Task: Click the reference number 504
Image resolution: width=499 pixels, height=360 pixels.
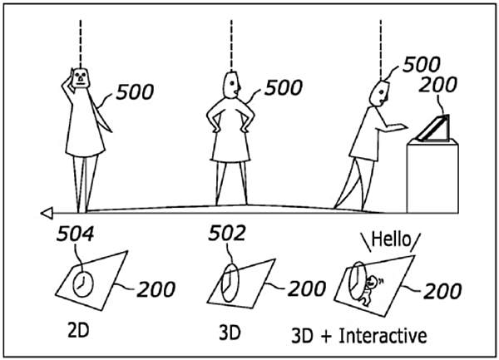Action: coord(76,234)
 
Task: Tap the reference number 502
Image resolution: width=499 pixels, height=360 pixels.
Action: coord(227,233)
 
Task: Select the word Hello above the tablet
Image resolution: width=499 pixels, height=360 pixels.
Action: coord(391,239)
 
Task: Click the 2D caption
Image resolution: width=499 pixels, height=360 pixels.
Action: coord(78,331)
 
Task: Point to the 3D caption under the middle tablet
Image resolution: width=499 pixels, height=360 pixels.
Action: coord(230,333)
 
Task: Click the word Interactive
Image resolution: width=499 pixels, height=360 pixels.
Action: coord(383,336)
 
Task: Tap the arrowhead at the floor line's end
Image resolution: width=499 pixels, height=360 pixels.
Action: coord(47,213)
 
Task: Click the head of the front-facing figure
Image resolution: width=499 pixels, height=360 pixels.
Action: coord(81,78)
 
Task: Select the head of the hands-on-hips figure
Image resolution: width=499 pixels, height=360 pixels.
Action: coord(231,85)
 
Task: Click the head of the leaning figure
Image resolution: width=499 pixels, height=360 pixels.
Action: coord(381,93)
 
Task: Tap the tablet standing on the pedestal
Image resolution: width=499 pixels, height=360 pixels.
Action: coord(433,129)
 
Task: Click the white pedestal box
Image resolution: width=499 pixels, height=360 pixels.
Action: coord(432,177)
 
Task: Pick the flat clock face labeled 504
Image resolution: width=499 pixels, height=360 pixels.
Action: coord(83,284)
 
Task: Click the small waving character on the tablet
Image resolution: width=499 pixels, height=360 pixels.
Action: coord(370,290)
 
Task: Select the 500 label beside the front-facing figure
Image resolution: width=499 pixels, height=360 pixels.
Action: coord(135,92)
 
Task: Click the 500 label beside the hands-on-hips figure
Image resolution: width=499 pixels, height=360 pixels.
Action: coord(284,88)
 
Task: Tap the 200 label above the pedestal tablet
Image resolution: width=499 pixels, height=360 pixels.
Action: coord(438,85)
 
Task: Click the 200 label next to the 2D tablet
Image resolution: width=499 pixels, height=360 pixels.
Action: coord(156,289)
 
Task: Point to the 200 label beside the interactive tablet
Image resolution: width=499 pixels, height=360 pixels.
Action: coord(442,291)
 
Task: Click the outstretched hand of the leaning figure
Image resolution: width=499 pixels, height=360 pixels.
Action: coord(402,126)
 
